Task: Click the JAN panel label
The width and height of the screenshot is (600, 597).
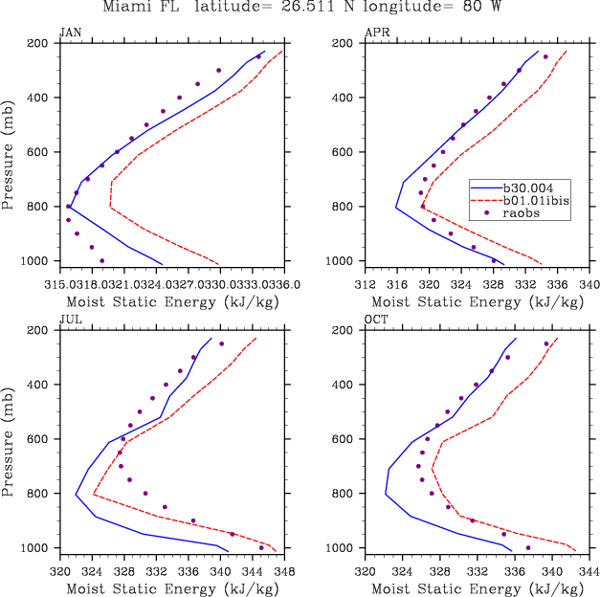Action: (70, 33)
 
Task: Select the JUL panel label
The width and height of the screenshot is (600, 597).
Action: (69, 320)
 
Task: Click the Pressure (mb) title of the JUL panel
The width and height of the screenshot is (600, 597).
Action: (11, 439)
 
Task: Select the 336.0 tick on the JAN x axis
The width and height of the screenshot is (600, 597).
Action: (284, 284)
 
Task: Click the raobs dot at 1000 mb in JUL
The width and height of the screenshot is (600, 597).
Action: (261, 547)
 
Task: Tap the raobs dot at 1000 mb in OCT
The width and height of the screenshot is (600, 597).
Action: (528, 548)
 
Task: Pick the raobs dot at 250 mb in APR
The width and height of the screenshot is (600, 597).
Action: (545, 57)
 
